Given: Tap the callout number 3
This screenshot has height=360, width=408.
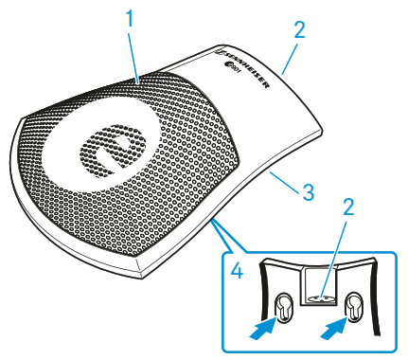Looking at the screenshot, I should (x=306, y=190).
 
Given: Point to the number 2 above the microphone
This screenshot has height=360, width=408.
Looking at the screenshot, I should (x=300, y=30).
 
